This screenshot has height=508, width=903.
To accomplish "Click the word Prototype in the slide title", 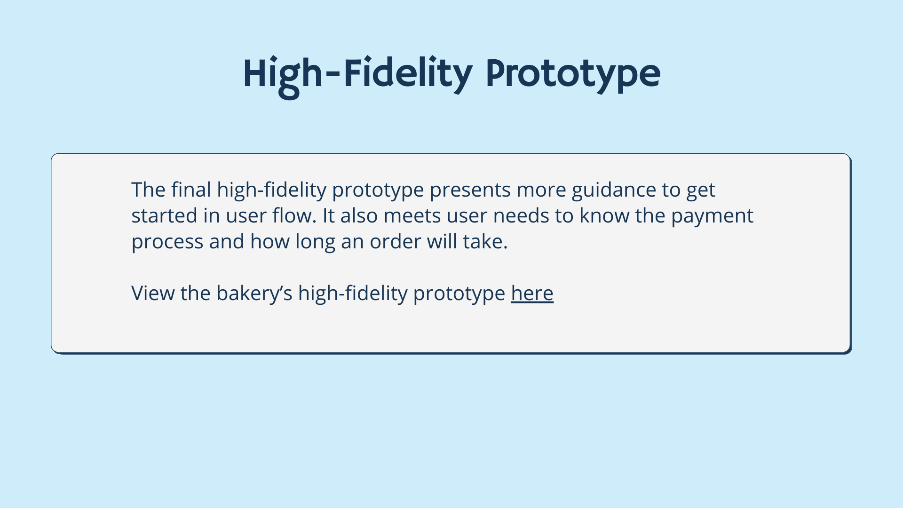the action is pyautogui.click(x=573, y=74).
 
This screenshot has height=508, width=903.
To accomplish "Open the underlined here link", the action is pyautogui.click(x=532, y=293).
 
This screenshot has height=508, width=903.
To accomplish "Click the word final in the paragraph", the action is pyautogui.click(x=191, y=190).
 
